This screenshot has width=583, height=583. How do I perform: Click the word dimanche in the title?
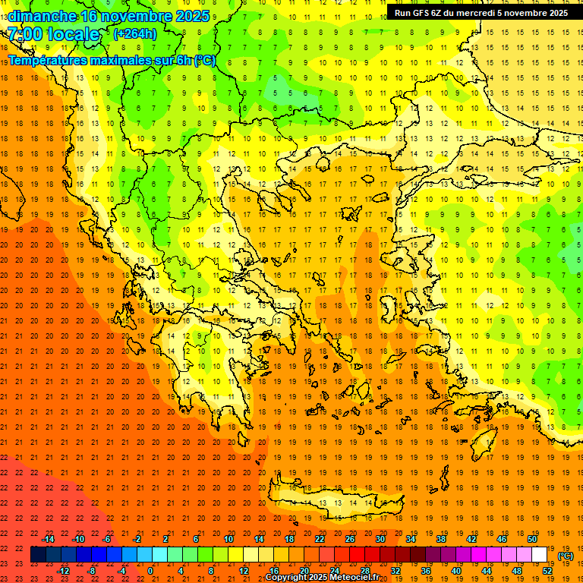(x=42, y=16)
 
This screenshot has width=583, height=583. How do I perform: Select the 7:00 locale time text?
(x=53, y=34)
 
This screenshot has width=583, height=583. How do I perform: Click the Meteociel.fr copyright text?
(x=322, y=578)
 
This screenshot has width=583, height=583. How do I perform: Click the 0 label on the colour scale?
(x=150, y=571)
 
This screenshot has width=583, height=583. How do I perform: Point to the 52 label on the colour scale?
(x=547, y=571)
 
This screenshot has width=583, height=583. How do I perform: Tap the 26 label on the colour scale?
(x=350, y=539)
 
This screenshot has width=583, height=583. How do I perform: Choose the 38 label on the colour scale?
(x=441, y=539)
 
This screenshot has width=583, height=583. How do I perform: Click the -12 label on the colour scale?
(x=63, y=571)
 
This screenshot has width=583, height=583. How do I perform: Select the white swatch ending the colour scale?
(x=540, y=555)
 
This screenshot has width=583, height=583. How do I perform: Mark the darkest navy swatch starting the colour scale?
(x=38, y=555)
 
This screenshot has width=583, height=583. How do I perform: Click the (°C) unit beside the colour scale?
(x=565, y=556)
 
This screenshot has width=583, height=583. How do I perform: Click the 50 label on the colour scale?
(x=532, y=539)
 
